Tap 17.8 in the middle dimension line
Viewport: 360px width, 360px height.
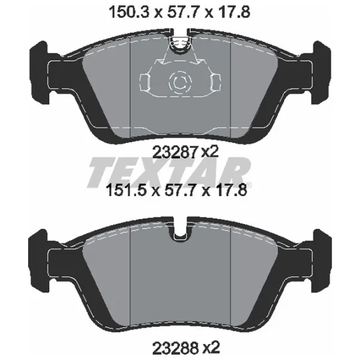pyautogui.click(x=231, y=192)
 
